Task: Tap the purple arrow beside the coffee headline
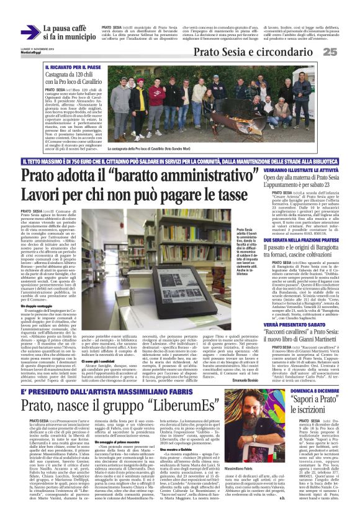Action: tap(29, 32)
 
